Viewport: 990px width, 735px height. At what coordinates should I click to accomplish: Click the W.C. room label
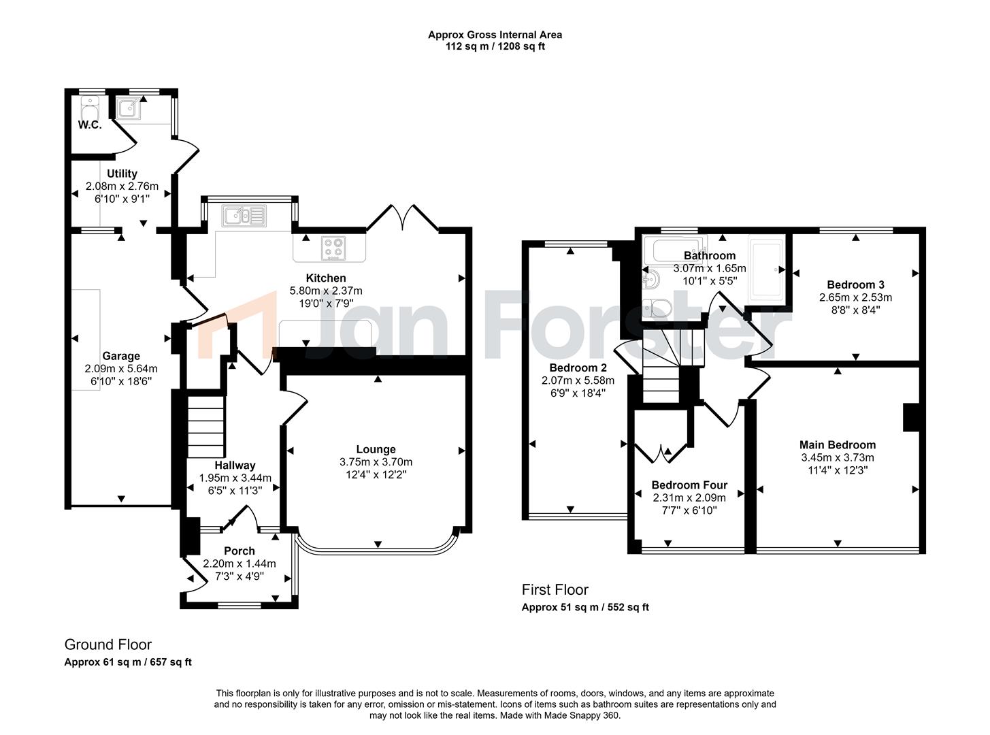click(x=89, y=125)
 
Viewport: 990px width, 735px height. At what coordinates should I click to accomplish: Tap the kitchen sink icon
click(x=244, y=216)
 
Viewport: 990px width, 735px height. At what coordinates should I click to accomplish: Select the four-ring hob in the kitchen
click(x=333, y=248)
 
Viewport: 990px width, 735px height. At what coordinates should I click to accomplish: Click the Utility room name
click(x=122, y=174)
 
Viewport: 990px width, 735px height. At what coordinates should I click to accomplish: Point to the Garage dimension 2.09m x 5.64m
click(x=121, y=369)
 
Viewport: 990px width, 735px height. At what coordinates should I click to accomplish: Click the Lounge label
click(x=376, y=449)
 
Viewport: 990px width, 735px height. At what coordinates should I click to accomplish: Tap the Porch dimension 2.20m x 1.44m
click(x=240, y=563)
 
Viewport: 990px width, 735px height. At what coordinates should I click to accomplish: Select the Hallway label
click(x=235, y=465)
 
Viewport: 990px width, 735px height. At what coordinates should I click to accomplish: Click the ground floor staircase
click(x=205, y=427)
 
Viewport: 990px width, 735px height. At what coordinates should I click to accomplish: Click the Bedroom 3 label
click(x=855, y=284)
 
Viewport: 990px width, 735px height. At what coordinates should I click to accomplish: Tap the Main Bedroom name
click(x=837, y=445)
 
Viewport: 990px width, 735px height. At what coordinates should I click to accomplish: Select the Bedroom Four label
click(x=689, y=485)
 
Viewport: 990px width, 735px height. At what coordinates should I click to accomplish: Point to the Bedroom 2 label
click(x=578, y=368)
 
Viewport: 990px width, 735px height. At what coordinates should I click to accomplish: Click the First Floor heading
click(x=555, y=590)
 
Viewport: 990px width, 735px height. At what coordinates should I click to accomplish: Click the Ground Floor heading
click(x=108, y=644)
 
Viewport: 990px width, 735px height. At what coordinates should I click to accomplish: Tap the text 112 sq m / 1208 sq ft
click(x=495, y=47)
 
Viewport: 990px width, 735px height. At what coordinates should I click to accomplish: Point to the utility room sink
click(x=128, y=108)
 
